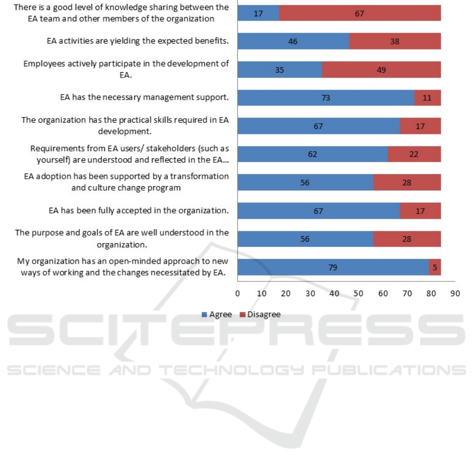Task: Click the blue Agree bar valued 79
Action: pyautogui.click(x=333, y=267)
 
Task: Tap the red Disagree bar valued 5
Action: pyautogui.click(x=435, y=267)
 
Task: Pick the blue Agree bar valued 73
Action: pyautogui.click(x=326, y=98)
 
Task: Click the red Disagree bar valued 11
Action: pyautogui.click(x=428, y=98)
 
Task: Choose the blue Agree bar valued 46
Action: pyautogui.click(x=293, y=41)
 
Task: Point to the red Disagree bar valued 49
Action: pyautogui.click(x=381, y=69)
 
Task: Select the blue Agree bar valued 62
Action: pyautogui.click(x=313, y=154)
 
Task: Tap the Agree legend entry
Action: pyautogui.click(x=216, y=315)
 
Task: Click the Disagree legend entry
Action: pyautogui.click(x=260, y=315)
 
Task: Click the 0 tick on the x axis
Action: pyautogui.click(x=238, y=293)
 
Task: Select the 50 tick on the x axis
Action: pyautogui.click(x=358, y=293)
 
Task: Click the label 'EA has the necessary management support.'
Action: pyautogui.click(x=144, y=97)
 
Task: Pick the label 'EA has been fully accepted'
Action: pyautogui.click(x=139, y=210)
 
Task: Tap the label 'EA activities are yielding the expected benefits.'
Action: pyautogui.click(x=138, y=41)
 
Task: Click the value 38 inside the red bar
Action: pyautogui.click(x=395, y=41)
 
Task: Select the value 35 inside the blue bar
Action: pyautogui.click(x=280, y=69)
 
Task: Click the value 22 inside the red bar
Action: pyautogui.click(x=414, y=154)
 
